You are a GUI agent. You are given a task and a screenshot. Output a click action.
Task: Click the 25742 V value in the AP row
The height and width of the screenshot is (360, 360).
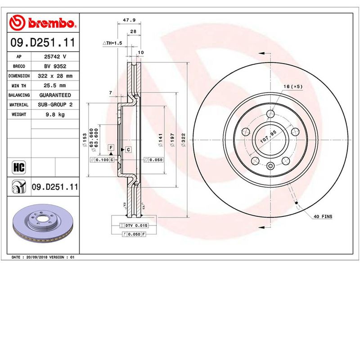[x=55, y=57]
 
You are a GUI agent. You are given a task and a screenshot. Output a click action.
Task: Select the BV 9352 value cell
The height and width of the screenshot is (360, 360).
[x=55, y=66]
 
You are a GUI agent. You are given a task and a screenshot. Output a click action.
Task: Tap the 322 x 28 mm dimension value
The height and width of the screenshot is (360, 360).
[x=55, y=76]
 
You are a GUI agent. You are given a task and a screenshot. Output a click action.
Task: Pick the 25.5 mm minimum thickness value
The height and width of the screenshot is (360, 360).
[x=55, y=85]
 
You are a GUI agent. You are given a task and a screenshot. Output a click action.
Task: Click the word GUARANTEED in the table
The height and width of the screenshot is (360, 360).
[x=55, y=95]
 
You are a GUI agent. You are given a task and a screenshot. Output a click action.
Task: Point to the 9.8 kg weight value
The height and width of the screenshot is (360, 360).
[x=55, y=114]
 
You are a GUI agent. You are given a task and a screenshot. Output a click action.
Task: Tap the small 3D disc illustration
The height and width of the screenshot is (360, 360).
[x=43, y=224]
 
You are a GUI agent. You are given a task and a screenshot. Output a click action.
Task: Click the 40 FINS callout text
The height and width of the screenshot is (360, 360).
[x=322, y=217]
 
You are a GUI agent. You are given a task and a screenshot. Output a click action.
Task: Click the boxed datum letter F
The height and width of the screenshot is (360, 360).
[x=110, y=148]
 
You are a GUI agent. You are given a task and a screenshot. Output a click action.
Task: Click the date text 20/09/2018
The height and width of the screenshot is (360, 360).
[x=38, y=257]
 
